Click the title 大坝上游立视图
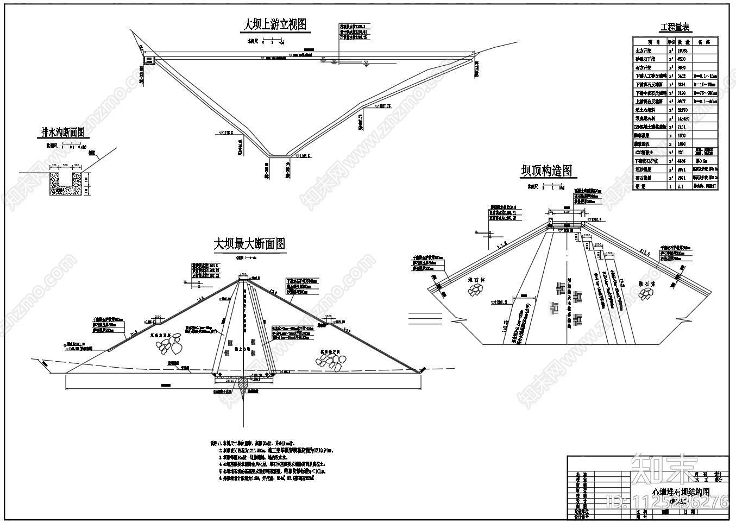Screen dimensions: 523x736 coord(274,24)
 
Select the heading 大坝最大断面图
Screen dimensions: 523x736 coord(249,244)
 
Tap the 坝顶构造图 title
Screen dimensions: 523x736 coord(546,171)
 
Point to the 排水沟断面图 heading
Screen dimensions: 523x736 coord(63,132)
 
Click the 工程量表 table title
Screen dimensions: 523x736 coord(675,27)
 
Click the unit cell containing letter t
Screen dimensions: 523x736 coord(671,186)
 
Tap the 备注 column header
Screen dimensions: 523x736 coord(704,41)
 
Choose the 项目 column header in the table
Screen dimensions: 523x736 coord(650,41)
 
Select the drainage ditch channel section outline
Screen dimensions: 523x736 coord(67,179)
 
